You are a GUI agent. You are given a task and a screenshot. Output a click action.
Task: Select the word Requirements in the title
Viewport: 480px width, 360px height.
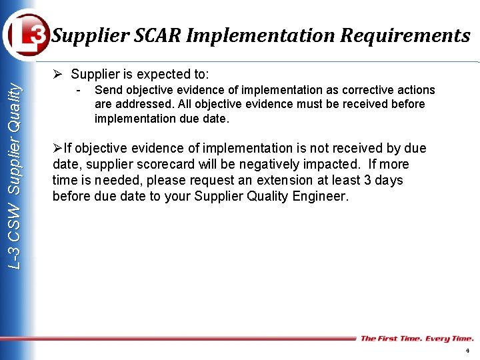(405, 35)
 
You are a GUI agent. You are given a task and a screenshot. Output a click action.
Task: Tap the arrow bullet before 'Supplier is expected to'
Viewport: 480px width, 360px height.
(59, 74)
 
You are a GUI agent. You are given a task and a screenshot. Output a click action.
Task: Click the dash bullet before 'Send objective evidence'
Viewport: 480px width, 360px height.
(79, 89)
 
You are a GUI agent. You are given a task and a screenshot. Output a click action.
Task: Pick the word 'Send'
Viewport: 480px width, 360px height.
(108, 90)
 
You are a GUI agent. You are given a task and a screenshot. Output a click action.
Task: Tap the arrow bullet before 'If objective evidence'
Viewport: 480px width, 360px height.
(57, 148)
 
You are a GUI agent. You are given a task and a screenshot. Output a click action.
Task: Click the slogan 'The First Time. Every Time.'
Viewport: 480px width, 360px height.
(417, 339)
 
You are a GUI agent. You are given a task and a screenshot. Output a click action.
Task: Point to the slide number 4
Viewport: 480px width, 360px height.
(467, 351)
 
